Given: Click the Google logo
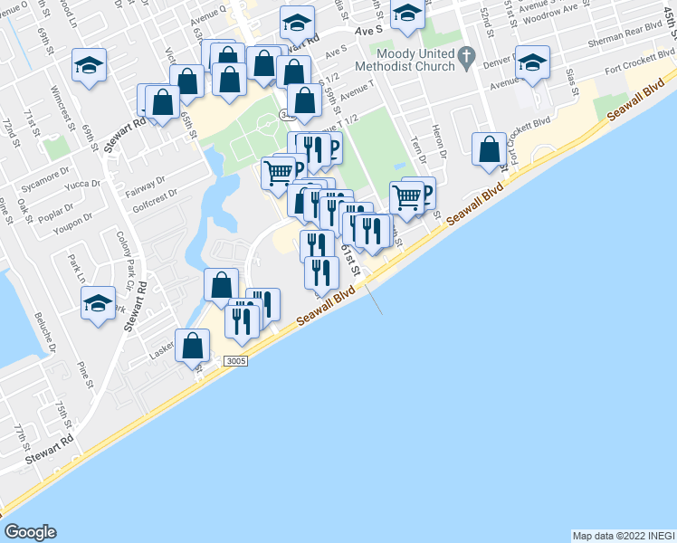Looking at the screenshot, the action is point(30,532).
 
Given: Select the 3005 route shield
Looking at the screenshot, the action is point(234,361).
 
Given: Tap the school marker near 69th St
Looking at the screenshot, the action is point(89,66).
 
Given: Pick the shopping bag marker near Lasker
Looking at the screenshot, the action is point(192,346).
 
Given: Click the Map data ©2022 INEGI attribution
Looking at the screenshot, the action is point(623,536).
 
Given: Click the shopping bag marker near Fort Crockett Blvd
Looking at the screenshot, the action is point(489,149).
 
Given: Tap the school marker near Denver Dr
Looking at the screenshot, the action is point(532,62).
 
